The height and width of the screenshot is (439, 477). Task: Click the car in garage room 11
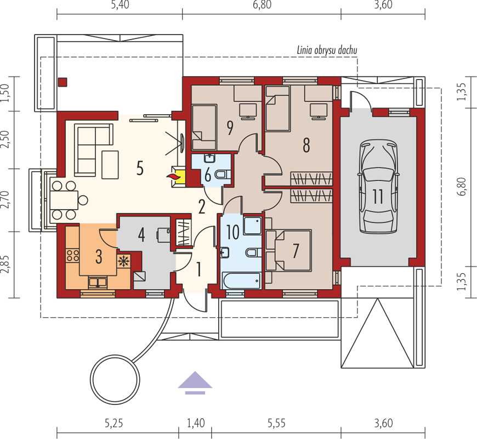(x=378, y=187)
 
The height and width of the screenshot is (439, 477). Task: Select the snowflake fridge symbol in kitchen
(x=123, y=261)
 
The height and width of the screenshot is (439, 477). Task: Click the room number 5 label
(x=140, y=168)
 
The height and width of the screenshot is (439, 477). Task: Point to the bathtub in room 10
(x=241, y=280)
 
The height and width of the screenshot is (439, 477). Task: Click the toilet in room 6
(x=223, y=175)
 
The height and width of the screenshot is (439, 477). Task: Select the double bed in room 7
(x=293, y=250)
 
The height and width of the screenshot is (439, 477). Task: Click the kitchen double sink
(x=98, y=282)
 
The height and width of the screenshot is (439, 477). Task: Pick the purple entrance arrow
(x=195, y=382)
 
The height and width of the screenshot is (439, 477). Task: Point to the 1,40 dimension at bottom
(x=195, y=423)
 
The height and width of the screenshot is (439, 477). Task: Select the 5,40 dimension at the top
(x=120, y=4)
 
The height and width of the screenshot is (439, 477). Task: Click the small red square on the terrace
(x=63, y=82)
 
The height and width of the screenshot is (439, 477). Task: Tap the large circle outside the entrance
(x=115, y=380)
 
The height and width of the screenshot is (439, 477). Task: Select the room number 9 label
(x=230, y=128)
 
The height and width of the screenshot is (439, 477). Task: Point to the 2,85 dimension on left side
(x=5, y=264)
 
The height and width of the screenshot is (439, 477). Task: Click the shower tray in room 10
(x=253, y=226)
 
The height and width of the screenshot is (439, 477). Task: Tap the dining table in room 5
(x=64, y=200)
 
